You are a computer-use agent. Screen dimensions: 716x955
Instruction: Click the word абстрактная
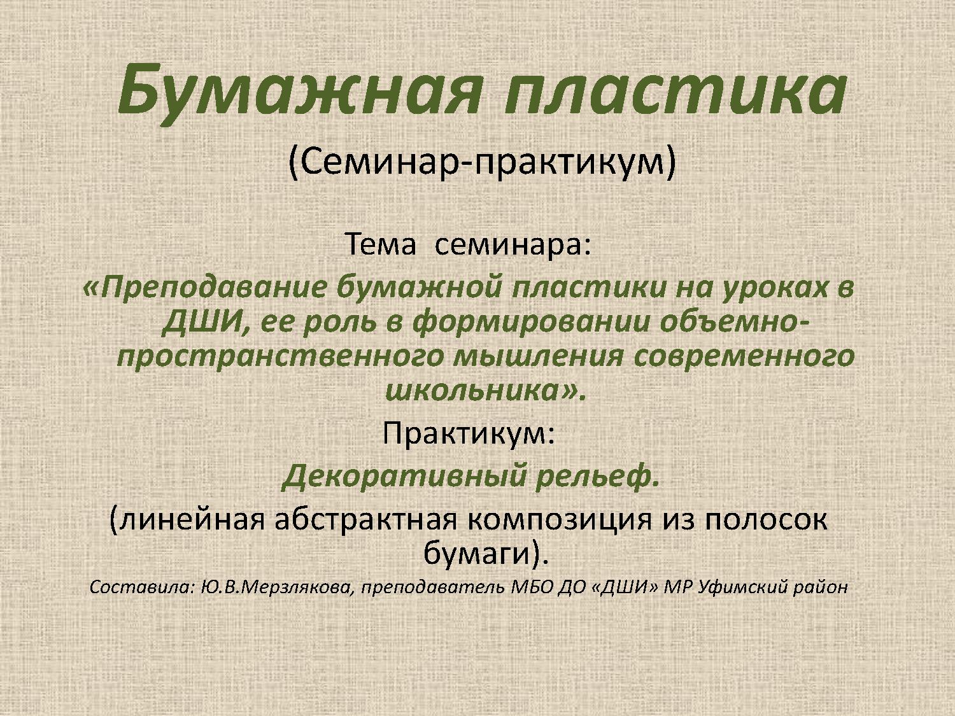click(365, 520)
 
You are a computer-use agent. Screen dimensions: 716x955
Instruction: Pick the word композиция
click(560, 520)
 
